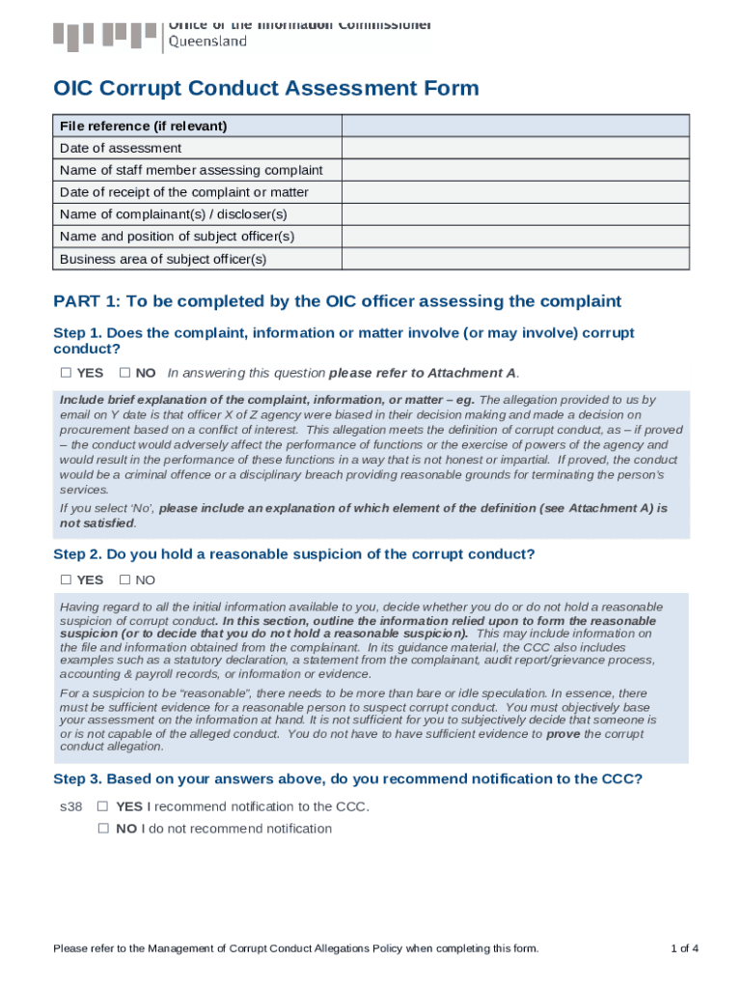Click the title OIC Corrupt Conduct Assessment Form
(x=266, y=89)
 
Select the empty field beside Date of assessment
(x=515, y=148)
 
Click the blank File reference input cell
(x=515, y=126)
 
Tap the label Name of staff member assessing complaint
(x=191, y=170)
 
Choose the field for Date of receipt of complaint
(x=515, y=192)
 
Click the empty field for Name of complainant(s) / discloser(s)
(x=515, y=214)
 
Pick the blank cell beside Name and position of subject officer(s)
(x=515, y=237)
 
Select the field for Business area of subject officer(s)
(x=515, y=259)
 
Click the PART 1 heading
(x=338, y=301)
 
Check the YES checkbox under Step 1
(x=66, y=373)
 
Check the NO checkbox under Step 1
(x=124, y=373)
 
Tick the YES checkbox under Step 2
(x=66, y=580)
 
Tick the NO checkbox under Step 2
(x=124, y=580)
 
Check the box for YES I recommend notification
(x=103, y=806)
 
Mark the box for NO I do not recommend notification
(x=103, y=829)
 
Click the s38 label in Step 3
(x=70, y=806)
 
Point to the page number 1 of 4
(x=684, y=948)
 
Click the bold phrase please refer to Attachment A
(x=424, y=373)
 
